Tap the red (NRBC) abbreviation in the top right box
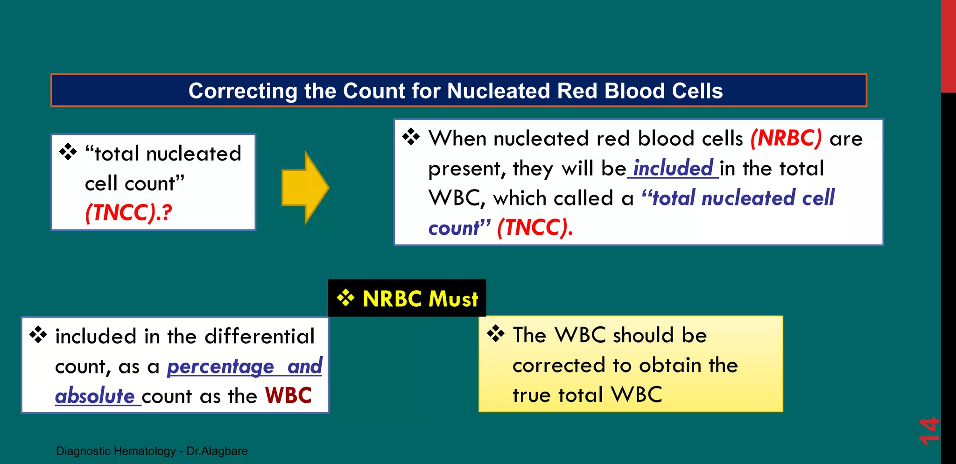pos(786,138)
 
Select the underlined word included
pos(673,168)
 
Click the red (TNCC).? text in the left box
pos(128,213)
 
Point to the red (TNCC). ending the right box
pos(535,228)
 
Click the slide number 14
pos(928,430)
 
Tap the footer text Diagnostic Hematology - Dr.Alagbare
pos(152,451)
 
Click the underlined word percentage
pos(220,366)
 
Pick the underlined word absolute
pos(95,396)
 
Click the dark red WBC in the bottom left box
pos(288,396)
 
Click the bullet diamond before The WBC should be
pos(496,334)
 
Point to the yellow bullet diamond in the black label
pos(345,298)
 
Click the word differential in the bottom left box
pos(260,337)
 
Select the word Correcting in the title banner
pos(243,91)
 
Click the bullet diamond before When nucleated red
pos(411,137)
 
